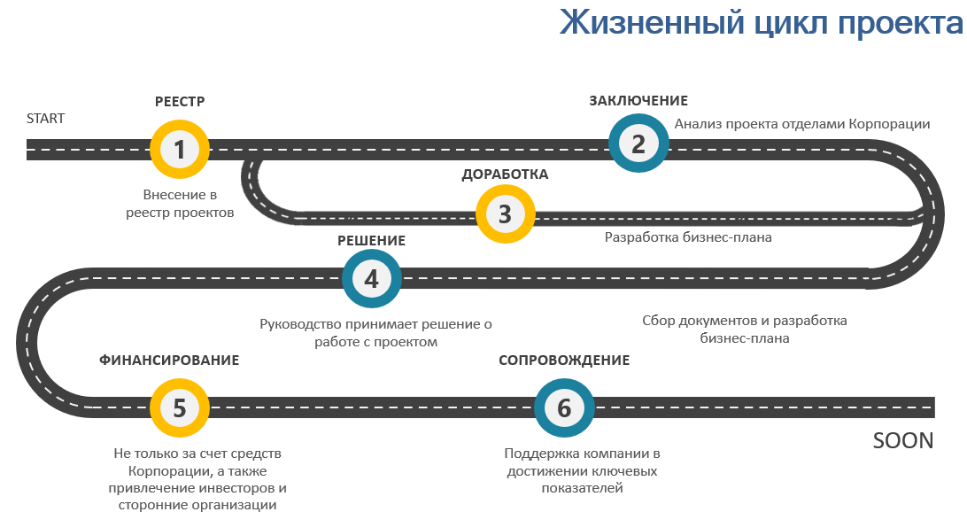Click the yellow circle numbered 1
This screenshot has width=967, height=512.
click(x=180, y=150)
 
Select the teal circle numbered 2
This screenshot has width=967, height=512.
click(x=638, y=144)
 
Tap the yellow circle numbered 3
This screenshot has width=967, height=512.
click(x=505, y=214)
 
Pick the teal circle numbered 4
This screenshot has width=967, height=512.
click(x=371, y=279)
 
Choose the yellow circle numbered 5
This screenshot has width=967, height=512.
click(x=180, y=407)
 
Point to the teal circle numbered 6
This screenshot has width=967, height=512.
click(x=564, y=407)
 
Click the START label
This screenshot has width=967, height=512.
click(x=46, y=119)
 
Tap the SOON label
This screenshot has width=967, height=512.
click(x=903, y=440)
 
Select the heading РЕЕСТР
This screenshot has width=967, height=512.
click(x=180, y=101)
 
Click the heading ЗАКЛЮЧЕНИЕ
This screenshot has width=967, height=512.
click(x=638, y=101)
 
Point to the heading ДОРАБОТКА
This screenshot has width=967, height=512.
click(x=505, y=175)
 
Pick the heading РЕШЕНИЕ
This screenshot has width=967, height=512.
click(x=371, y=241)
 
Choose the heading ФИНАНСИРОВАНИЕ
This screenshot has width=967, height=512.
click(x=169, y=361)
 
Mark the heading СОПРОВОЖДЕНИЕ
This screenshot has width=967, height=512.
click(x=564, y=361)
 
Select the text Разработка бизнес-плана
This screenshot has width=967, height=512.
click(x=688, y=237)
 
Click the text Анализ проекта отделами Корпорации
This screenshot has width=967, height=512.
click(x=802, y=124)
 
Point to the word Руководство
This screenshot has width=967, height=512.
click(x=300, y=324)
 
